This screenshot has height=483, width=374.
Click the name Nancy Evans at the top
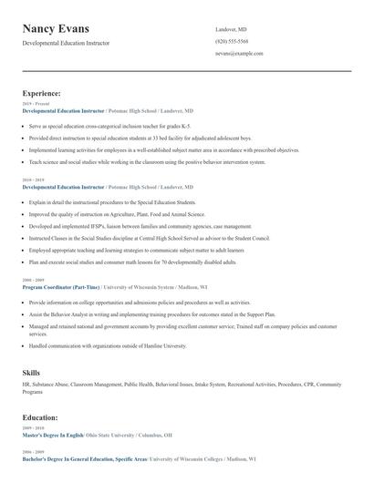(62, 30)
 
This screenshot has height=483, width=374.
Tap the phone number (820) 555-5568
(231, 42)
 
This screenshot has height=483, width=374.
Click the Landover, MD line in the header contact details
(230, 30)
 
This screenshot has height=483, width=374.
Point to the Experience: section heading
(41, 93)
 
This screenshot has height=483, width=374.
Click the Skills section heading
(31, 373)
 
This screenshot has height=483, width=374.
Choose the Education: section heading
(40, 417)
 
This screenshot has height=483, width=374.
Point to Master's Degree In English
(53, 435)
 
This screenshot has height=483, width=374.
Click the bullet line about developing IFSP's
(128, 225)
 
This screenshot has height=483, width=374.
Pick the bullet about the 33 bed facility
(128, 138)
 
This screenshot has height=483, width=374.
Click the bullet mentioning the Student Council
(137, 237)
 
